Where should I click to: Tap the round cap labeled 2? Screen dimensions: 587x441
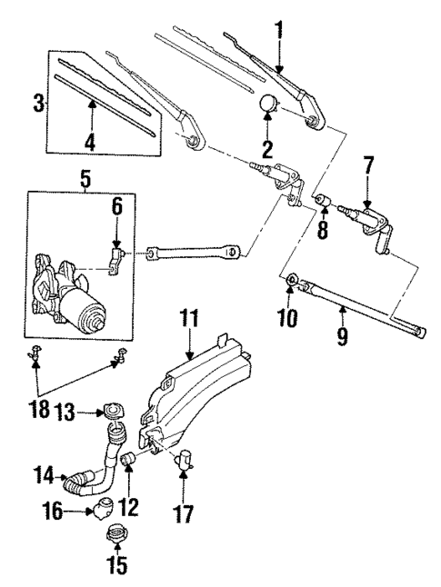point(269,104)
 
